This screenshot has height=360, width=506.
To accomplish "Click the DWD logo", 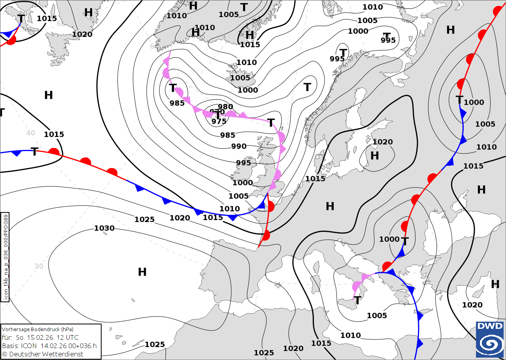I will (x=490, y=339).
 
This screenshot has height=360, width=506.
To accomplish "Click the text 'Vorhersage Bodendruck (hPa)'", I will (x=38, y=329).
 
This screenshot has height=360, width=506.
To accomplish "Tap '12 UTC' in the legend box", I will (x=68, y=337).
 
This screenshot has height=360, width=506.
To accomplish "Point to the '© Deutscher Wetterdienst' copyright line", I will (x=42, y=354).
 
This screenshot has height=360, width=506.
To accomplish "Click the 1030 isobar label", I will (x=104, y=228).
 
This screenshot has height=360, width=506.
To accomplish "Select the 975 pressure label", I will (x=219, y=121).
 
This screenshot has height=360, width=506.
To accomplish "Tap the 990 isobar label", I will (x=239, y=146).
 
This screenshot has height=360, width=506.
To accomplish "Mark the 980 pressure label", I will (x=225, y=106).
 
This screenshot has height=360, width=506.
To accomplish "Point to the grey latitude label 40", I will (x=31, y=133).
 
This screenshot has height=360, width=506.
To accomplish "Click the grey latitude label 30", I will (x=39, y=266).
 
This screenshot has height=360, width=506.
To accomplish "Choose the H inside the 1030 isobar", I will (x=142, y=272).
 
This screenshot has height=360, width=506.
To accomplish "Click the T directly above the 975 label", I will (x=217, y=115).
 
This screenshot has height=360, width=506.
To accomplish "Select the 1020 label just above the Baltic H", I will (x=382, y=142).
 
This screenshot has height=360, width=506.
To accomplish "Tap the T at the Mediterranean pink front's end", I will (x=358, y=301).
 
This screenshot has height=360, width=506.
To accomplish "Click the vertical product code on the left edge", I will (x=5, y=257).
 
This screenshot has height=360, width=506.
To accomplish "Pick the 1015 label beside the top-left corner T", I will (x=47, y=19).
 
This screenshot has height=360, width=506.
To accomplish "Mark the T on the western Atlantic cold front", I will (x=35, y=152).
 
